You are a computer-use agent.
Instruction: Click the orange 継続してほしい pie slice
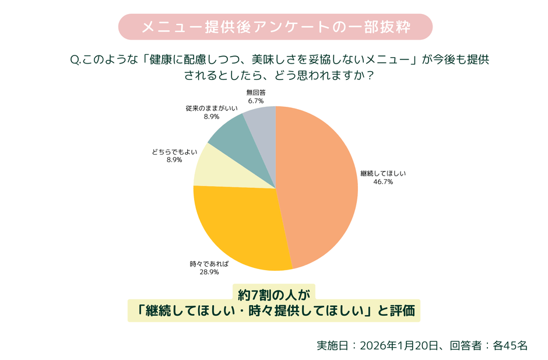pyautogui.click(x=321, y=187)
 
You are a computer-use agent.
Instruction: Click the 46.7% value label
pyautogui.click(x=383, y=182)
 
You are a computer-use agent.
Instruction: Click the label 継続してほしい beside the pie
pyautogui.click(x=383, y=173)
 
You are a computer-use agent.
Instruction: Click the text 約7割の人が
pyautogui.click(x=274, y=292)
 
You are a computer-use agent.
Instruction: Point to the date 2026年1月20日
pyautogui.click(x=399, y=345)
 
